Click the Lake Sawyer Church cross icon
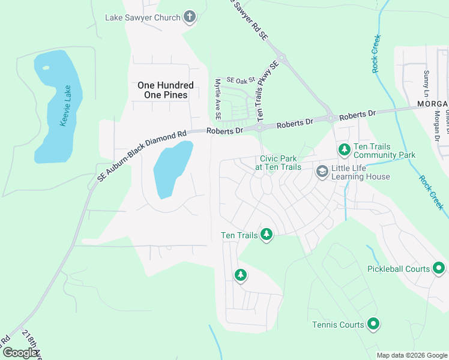190,17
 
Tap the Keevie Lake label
65,106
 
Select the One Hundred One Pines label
166,90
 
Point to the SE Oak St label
241,80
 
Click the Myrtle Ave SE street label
218,98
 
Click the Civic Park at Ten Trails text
280,163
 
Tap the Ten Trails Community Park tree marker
344,148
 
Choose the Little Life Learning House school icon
322,172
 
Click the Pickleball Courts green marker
439,268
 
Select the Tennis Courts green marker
373,325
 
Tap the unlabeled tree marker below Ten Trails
241,275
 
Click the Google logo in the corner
20,353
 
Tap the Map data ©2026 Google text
412,355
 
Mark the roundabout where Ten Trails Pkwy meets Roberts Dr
259,127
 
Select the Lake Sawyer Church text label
143,17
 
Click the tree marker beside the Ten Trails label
267,235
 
